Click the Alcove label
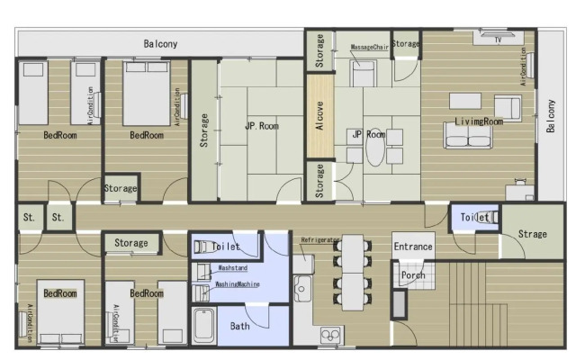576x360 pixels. [319, 116]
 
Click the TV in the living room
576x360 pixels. [496, 39]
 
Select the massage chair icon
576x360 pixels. [363, 73]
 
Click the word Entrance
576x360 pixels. [412, 247]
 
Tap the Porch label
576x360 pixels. [413, 275]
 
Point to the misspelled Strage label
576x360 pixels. [532, 234]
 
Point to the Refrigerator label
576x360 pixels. [320, 241]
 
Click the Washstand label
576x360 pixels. [233, 268]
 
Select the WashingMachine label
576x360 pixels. [238, 284]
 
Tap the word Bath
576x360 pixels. [239, 326]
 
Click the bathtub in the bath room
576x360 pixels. [204, 326]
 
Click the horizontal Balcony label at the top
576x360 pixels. [160, 43]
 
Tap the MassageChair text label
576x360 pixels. [369, 46]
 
